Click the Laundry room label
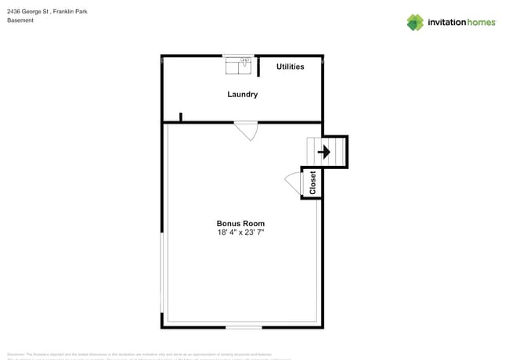242,95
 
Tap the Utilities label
290,67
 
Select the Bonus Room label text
240,224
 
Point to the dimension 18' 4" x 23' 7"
240,232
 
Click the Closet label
313,182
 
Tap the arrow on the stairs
323,152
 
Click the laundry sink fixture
238,66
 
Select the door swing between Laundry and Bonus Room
247,131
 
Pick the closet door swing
293,183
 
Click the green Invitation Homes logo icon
415,22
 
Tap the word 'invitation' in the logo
449,23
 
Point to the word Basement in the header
20,20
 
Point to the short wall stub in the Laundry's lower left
181,117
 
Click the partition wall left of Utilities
258,66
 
